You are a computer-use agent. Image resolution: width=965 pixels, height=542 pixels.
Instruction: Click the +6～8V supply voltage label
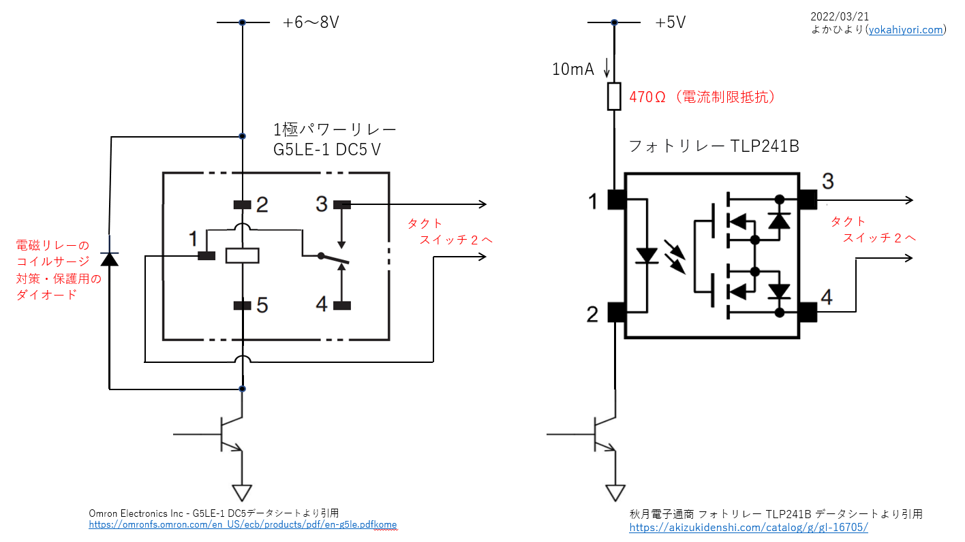coord(311,22)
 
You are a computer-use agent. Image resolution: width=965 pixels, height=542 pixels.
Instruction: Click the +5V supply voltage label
coord(670,22)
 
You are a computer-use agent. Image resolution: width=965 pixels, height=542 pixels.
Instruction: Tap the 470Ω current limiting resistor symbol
coord(614,97)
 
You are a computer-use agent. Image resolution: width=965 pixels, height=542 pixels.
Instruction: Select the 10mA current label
coord(573,69)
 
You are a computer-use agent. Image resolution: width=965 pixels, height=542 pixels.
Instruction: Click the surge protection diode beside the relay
coord(109,259)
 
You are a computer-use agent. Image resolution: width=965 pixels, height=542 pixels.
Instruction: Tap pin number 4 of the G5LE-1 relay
coord(321,304)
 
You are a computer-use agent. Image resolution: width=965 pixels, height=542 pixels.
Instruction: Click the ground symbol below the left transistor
coord(242,492)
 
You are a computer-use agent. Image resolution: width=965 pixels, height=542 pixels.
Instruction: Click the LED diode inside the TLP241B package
coord(646,255)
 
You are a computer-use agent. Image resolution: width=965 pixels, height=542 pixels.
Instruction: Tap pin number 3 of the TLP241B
coord(827,182)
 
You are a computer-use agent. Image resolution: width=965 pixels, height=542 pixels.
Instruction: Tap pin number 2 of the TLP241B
coord(593,314)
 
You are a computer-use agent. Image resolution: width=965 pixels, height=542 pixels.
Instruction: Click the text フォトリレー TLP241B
coord(713,146)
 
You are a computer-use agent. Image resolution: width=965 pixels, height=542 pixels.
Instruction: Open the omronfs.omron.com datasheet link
coord(243,525)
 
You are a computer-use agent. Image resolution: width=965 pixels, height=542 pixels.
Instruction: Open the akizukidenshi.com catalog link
coord(748,528)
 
